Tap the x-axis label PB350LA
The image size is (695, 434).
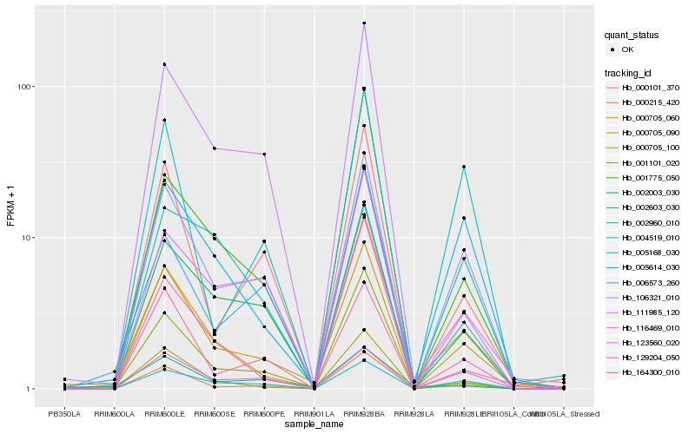tap(64, 413)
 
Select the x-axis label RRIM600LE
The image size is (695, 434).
tap(164, 413)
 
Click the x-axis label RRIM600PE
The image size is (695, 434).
tap(264, 413)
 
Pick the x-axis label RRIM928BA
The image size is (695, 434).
tap(364, 413)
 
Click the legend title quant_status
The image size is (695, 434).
tap(632, 36)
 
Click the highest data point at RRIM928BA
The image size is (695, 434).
tap(364, 23)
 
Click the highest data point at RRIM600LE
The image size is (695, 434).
tap(164, 64)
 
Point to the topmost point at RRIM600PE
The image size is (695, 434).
tap(264, 155)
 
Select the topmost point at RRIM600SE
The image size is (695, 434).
tap(215, 148)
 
